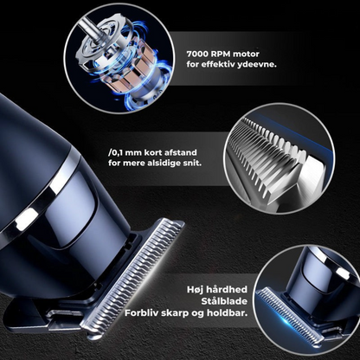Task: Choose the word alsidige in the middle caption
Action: (x=162, y=163)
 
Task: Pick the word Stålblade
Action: (x=224, y=301)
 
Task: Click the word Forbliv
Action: (x=141, y=313)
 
